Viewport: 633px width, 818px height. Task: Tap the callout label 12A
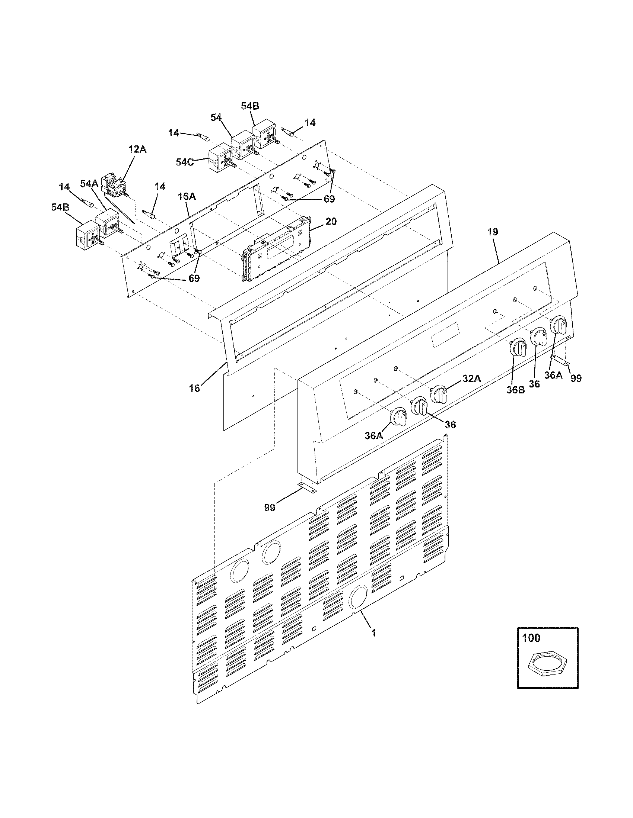(137, 149)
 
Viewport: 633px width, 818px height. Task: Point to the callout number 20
(331, 221)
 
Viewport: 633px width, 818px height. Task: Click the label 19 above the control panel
(493, 232)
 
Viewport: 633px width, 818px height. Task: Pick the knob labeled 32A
(439, 394)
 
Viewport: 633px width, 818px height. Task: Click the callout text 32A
(471, 379)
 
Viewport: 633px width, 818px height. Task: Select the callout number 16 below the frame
(194, 388)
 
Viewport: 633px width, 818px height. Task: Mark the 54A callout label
(89, 184)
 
